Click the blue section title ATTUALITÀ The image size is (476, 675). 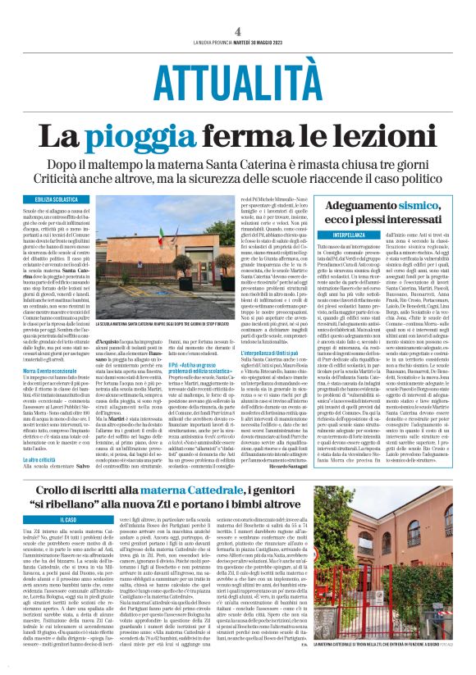click(237, 78)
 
